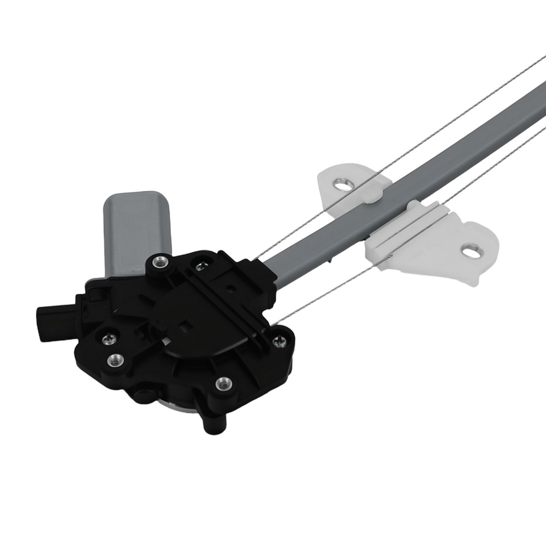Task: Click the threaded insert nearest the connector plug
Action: coord(115,360)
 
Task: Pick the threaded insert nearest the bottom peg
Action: coord(222,384)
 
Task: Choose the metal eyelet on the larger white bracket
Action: coord(470,251)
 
